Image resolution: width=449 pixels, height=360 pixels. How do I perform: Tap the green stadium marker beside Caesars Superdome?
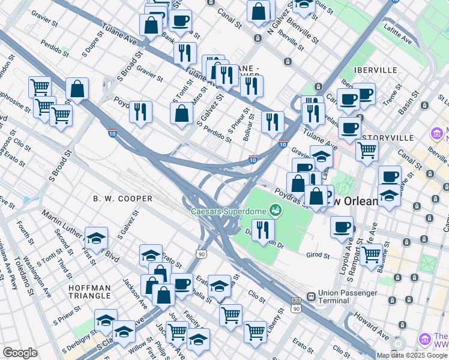pyautogui.click(x=276, y=210)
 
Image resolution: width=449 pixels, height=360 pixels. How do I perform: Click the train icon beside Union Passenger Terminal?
pyautogui.click(x=311, y=296)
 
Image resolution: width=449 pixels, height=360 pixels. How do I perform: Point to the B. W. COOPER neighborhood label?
pyautogui.click(x=122, y=198)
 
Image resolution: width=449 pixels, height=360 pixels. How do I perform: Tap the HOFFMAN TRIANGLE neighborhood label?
pyautogui.click(x=89, y=292)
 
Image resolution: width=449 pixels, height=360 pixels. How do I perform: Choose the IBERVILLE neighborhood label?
pyautogui.click(x=376, y=70)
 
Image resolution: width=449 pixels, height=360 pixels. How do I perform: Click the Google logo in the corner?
pyautogui.click(x=20, y=353)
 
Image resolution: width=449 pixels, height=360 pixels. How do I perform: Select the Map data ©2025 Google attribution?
pyautogui.click(x=412, y=355)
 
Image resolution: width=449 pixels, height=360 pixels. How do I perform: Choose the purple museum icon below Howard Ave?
pyautogui.click(x=426, y=340)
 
